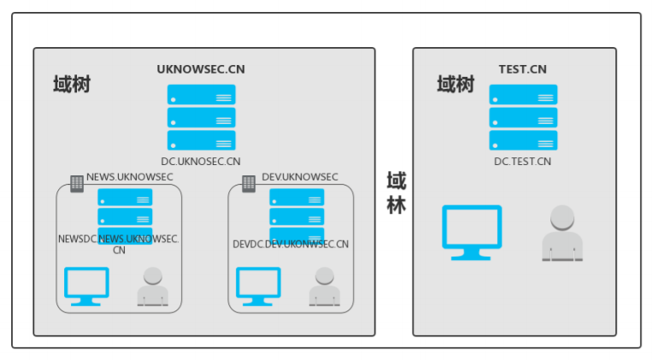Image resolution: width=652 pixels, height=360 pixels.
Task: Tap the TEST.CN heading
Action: [522, 69]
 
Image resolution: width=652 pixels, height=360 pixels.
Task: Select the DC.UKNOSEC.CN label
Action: [201, 161]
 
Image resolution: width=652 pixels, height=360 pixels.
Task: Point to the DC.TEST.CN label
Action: [522, 161]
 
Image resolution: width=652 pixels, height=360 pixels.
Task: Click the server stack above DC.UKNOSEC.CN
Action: [201, 117]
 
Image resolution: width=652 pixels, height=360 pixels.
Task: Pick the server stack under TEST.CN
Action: [523, 117]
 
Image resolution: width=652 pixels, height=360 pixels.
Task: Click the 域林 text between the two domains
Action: [396, 193]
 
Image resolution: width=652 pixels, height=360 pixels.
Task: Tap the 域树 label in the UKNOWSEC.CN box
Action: [72, 85]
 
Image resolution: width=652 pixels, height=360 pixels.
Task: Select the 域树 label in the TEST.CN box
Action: [455, 85]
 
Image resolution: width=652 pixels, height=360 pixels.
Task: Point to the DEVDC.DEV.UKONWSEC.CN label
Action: [291, 245]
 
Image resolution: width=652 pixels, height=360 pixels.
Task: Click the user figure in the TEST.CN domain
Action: [562, 233]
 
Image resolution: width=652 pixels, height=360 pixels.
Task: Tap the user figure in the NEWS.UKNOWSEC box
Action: [153, 287]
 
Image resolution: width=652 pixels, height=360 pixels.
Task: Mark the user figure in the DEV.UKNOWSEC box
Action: [324, 287]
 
